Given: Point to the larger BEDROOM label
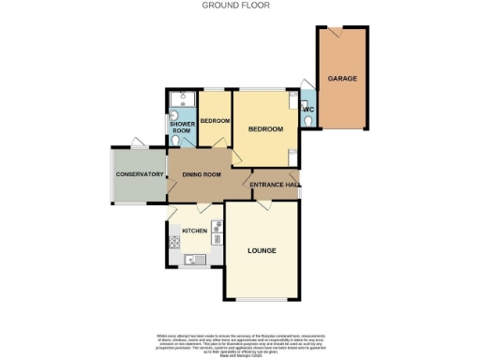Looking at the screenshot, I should pyautogui.click(x=264, y=129).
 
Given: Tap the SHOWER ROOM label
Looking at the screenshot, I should pyautogui.click(x=181, y=127).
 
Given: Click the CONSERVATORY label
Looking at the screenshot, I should pyautogui.click(x=139, y=174).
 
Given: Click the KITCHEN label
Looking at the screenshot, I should pyautogui.click(x=194, y=231).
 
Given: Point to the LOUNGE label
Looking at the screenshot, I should pyautogui.click(x=261, y=250).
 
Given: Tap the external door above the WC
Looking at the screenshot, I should pyautogui.click(x=306, y=84).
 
